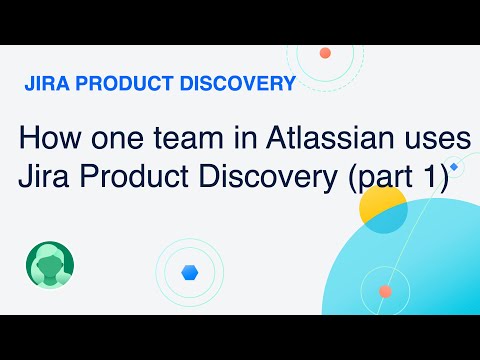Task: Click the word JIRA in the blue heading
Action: tap(43, 84)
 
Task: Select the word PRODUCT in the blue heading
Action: tap(118, 84)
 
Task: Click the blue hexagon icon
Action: tap(189, 271)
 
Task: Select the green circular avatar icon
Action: tap(50, 266)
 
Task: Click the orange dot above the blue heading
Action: tap(325, 53)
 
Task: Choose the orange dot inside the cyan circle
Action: tap(385, 292)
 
